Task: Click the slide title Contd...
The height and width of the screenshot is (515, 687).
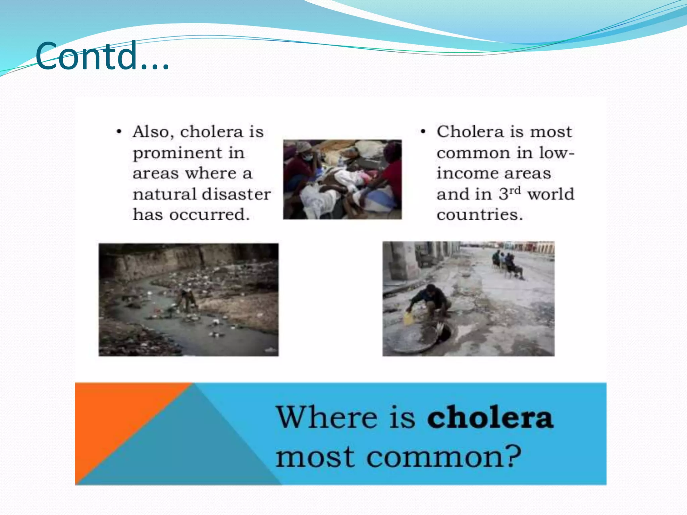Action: (x=102, y=56)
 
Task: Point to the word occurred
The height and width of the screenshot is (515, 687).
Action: (x=209, y=215)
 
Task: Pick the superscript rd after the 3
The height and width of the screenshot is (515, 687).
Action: (x=515, y=190)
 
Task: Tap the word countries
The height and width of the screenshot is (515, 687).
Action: (x=480, y=215)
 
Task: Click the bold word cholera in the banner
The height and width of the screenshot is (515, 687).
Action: (x=490, y=417)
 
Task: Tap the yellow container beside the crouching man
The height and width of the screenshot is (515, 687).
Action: (x=409, y=318)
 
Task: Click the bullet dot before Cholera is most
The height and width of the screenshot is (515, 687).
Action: (x=423, y=132)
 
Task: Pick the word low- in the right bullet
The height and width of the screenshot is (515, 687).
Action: (x=557, y=153)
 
